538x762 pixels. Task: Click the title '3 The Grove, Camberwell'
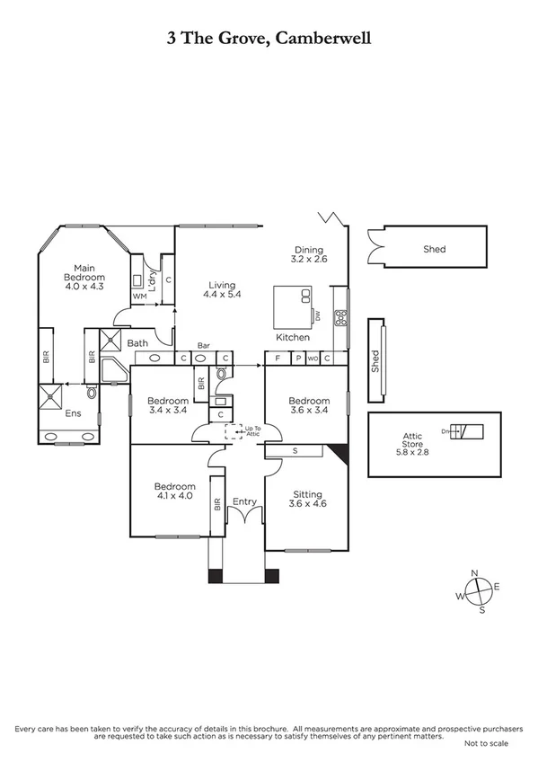coord(269,38)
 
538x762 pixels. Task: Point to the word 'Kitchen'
coord(293,337)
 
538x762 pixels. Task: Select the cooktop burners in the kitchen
coord(341,317)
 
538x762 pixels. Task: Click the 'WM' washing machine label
coord(139,296)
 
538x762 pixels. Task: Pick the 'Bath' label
coord(137,342)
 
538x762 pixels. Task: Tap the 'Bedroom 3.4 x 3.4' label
coord(168,405)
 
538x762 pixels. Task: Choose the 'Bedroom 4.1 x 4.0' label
coord(174,492)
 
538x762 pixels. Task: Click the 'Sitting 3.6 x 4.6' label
coord(307,499)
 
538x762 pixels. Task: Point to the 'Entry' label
coord(244,501)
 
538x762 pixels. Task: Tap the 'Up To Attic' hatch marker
coord(235,431)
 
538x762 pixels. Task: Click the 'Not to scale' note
coord(486,744)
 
